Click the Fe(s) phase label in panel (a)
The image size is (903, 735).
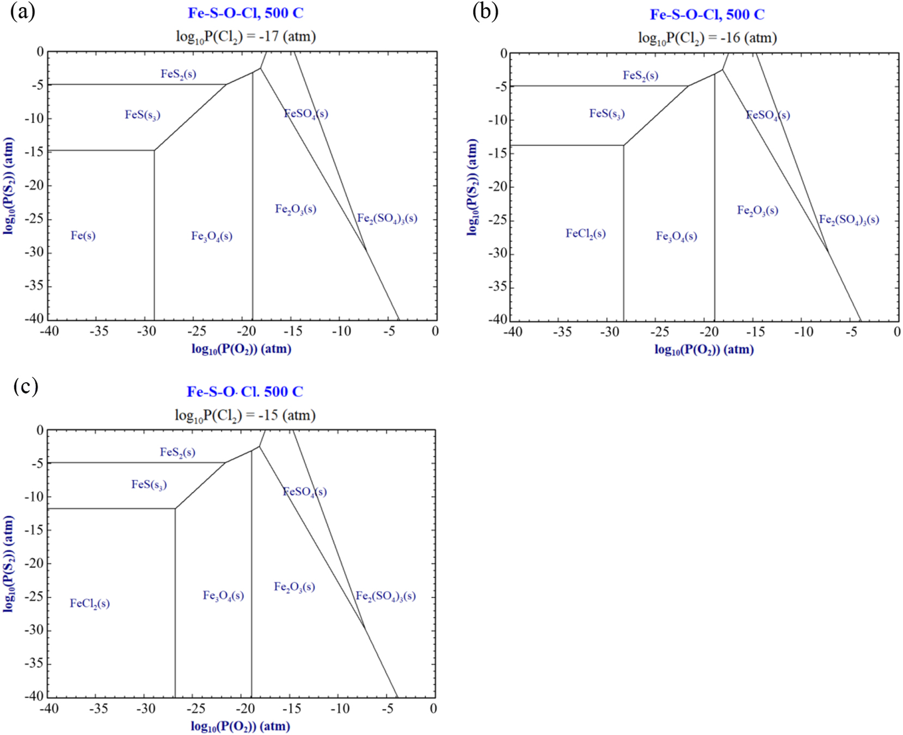pos(83,236)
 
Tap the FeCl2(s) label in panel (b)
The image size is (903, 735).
pos(585,234)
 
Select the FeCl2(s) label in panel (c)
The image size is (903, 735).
pos(90,603)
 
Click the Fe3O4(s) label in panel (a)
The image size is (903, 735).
pos(211,236)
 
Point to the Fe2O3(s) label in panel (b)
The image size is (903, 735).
pos(757,211)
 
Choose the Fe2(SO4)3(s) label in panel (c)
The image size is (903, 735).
pos(385,596)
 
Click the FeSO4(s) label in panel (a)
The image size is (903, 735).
pos(306,114)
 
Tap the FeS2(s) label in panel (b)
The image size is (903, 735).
pos(640,76)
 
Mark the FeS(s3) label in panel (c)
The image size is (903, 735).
pos(149,485)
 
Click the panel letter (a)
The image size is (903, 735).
pos(22,11)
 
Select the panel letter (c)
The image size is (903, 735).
pos(26,386)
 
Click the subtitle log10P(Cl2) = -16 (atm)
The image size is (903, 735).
pos(707,38)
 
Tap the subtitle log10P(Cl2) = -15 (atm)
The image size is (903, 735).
pos(245,415)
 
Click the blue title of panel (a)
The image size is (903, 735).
pos(245,13)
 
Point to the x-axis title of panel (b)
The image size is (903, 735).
pos(704,350)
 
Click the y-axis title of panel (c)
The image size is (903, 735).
pos(8,564)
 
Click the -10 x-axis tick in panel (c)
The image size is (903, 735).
pos(340,708)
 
